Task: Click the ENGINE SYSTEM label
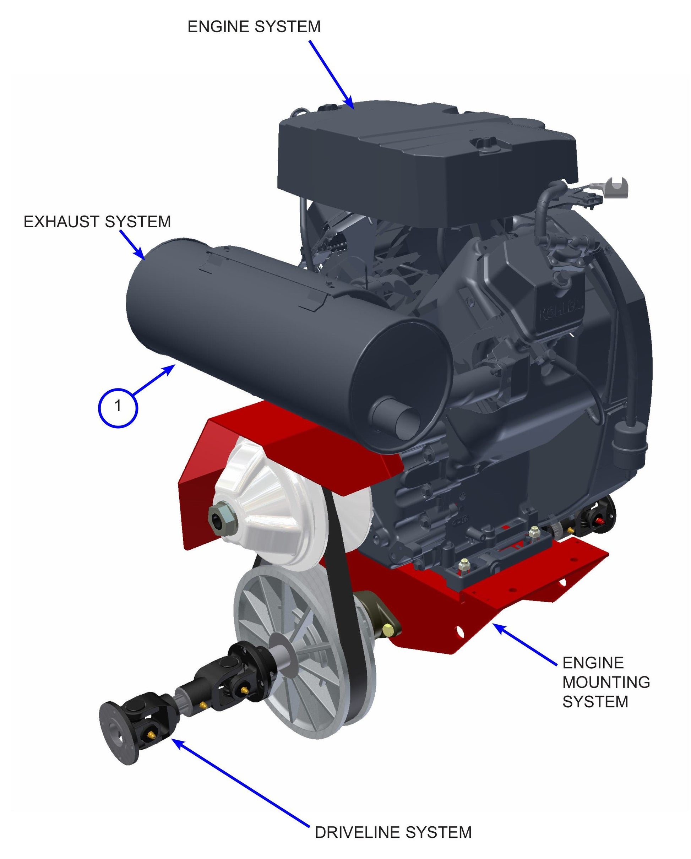(x=254, y=27)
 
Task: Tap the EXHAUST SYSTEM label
(x=97, y=222)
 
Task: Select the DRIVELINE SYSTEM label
(x=393, y=832)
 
